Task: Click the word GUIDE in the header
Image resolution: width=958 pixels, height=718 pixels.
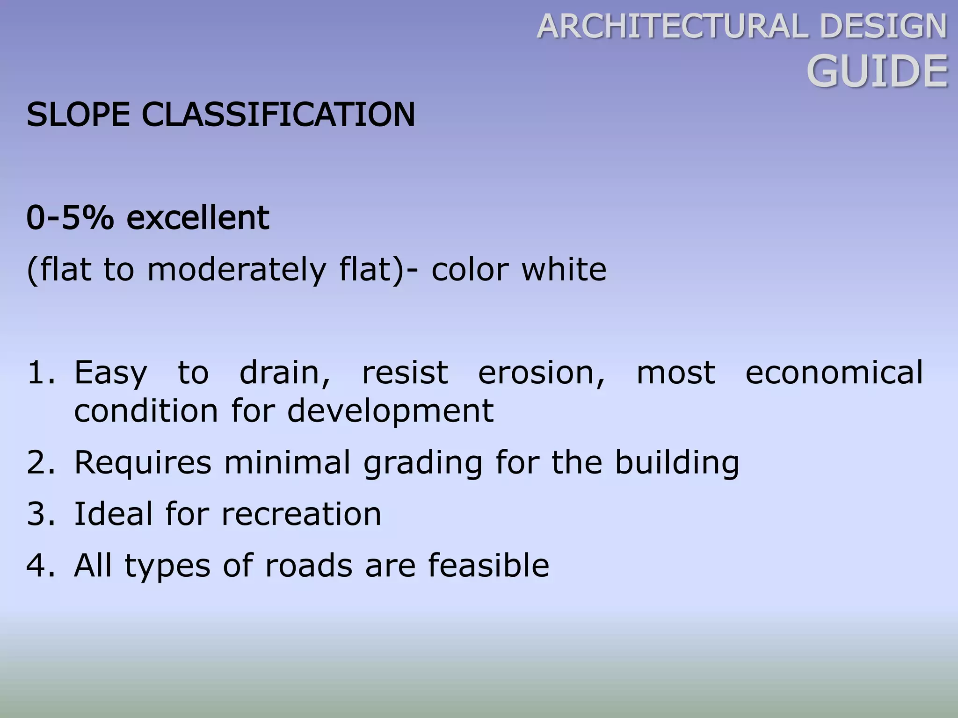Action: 877,72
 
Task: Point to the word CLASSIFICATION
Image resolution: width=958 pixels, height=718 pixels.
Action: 278,115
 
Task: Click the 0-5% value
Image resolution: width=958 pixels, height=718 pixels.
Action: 70,218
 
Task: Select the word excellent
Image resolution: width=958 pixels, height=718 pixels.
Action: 198,218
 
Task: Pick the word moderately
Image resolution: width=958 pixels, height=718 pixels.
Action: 236,270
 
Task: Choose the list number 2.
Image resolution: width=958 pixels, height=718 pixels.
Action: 41,462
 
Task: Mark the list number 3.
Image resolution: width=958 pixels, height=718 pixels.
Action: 41,514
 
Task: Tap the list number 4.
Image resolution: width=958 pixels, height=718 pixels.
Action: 41,566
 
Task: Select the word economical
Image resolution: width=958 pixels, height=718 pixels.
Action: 834,373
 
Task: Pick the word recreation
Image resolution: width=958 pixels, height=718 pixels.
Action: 301,514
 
